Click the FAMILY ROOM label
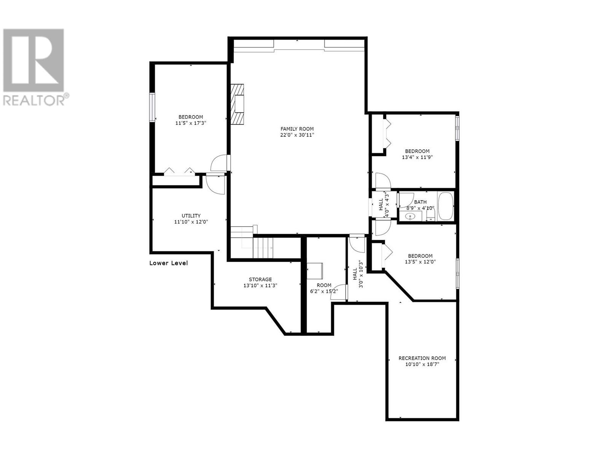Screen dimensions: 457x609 click(297, 129)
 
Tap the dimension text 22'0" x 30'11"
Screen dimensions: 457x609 click(297, 135)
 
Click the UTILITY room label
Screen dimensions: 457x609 click(191, 216)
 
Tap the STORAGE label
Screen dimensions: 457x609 click(260, 279)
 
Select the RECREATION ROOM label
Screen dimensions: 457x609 click(422, 358)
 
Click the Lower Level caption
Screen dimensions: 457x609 click(169, 263)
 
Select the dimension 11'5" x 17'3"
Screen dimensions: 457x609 click(191, 123)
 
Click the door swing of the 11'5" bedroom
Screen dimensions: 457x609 click(219, 164)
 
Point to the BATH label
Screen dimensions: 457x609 click(420, 202)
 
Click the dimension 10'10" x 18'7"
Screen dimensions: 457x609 click(422, 364)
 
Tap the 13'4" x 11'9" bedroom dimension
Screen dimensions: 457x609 click(417, 157)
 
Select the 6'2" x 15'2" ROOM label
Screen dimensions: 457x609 click(324, 285)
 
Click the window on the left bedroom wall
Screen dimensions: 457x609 click(152, 107)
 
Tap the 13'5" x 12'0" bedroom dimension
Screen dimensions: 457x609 click(420, 262)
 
